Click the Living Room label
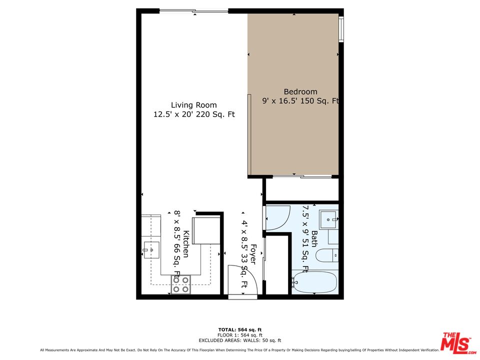pyautogui.click(x=194, y=105)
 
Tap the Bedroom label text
pyautogui.click(x=300, y=91)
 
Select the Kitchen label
pyautogui.click(x=185, y=244)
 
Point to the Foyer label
pyautogui.click(x=253, y=254)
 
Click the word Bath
pyautogui.click(x=314, y=239)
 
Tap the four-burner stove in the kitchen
pyautogui.click(x=181, y=284)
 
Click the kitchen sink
pyautogui.click(x=151, y=250)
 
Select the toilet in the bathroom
pyautogui.click(x=327, y=255)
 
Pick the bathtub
pyautogui.click(x=314, y=282)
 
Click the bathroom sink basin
pyautogui.click(x=328, y=219)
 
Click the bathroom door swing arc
pyautogui.click(x=277, y=218)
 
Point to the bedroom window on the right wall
pyautogui.click(x=341, y=29)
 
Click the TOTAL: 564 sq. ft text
pyautogui.click(x=239, y=329)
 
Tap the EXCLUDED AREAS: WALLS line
pyautogui.click(x=239, y=340)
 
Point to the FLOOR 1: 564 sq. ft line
pyautogui.click(x=239, y=335)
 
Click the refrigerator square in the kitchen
pyautogui.click(x=206, y=230)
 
